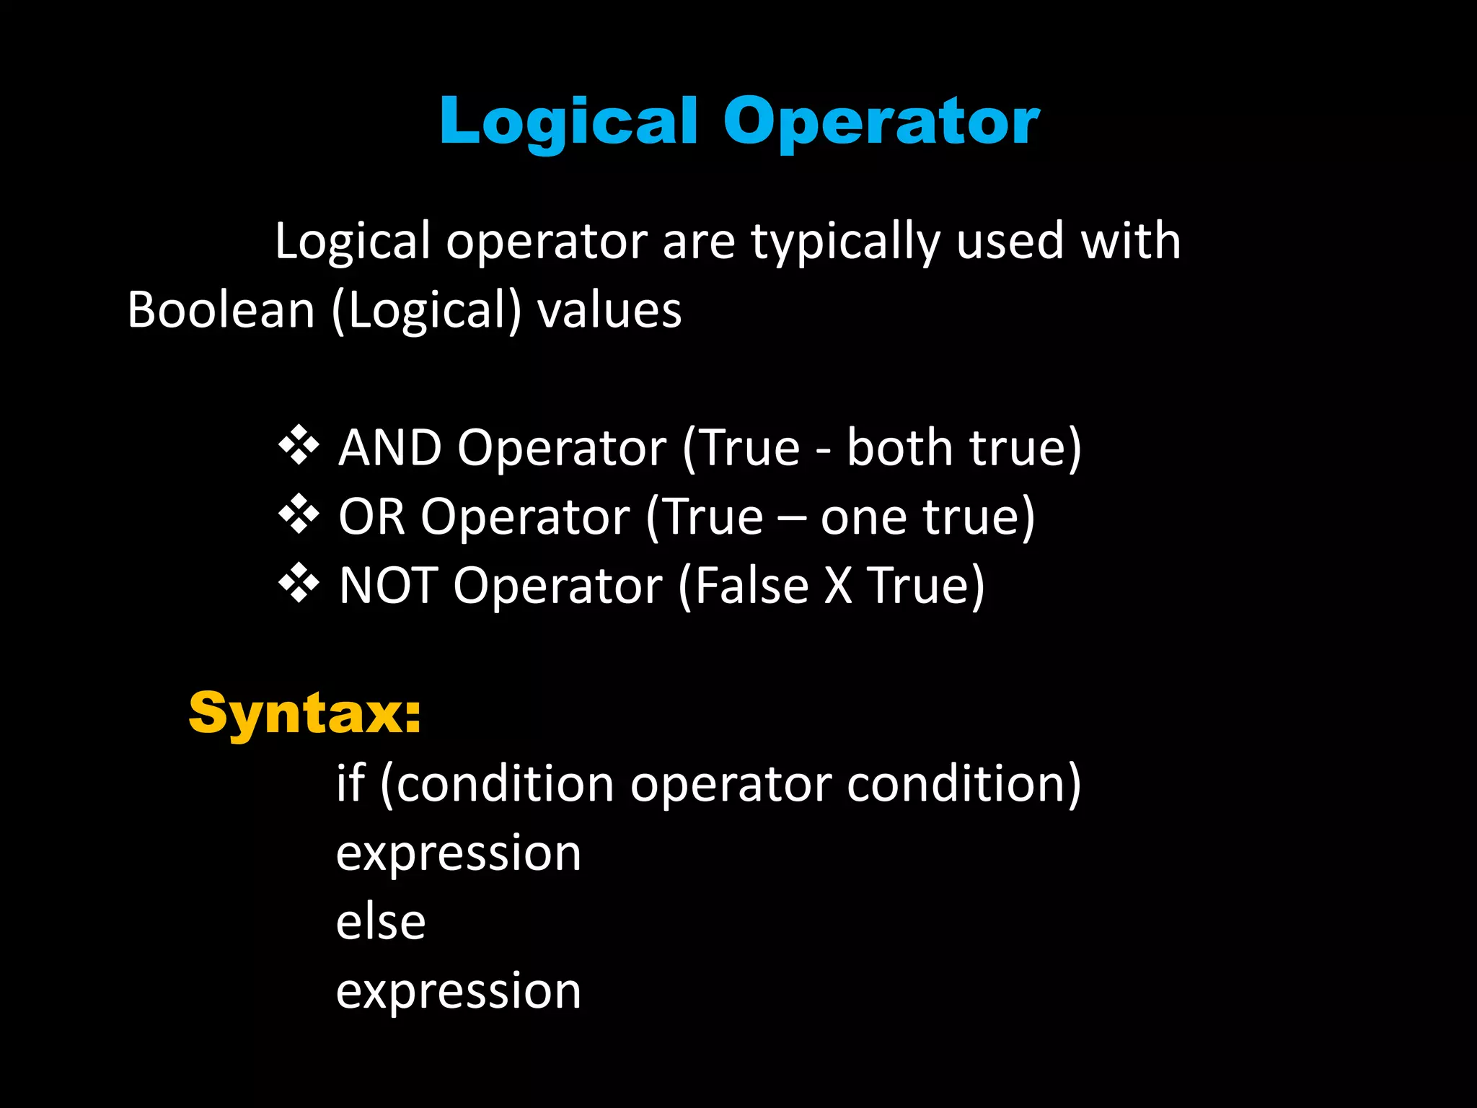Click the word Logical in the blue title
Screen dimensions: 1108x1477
(568, 121)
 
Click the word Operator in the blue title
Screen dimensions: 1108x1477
(881, 121)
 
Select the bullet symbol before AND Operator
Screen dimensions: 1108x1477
(299, 447)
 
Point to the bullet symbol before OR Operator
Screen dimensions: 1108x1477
(299, 515)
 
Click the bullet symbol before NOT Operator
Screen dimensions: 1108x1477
(299, 584)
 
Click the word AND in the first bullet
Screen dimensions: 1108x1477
(390, 448)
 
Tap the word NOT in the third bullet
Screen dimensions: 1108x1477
(389, 585)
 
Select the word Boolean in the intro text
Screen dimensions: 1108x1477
(221, 310)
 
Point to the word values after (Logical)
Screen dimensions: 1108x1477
(609, 310)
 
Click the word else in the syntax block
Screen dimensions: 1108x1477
(381, 922)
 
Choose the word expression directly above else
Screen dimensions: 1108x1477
(459, 853)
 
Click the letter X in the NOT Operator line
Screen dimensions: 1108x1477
(838, 585)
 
